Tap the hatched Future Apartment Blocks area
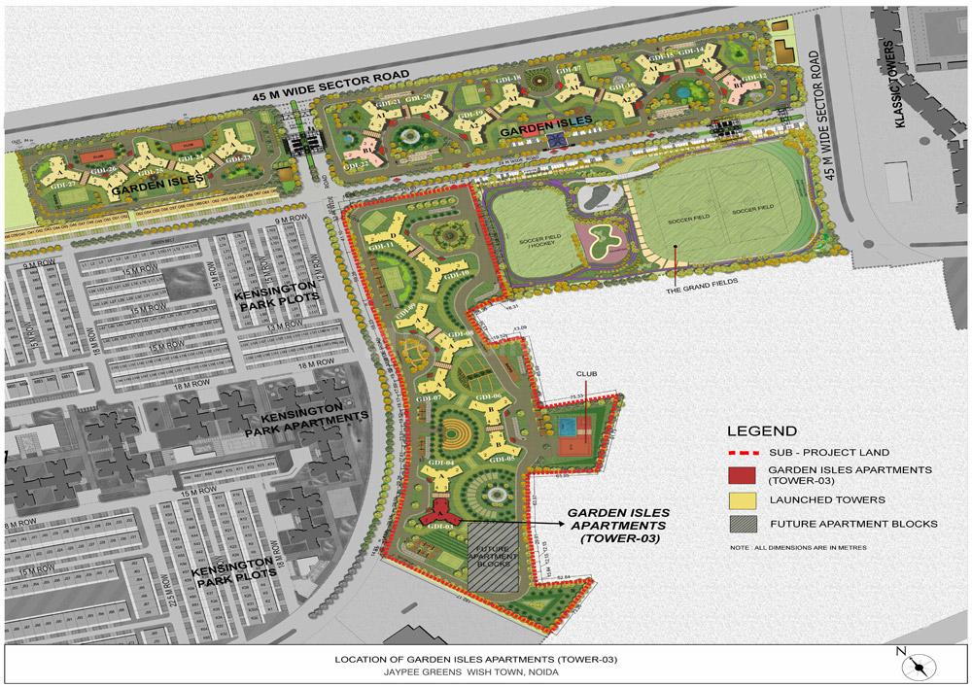coord(497,555)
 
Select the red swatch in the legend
coord(742,474)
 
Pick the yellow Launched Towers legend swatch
coord(742,499)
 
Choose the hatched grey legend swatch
coord(742,524)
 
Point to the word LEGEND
coord(762,431)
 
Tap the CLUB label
coord(585,373)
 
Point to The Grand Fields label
coord(696,283)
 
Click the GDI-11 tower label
coord(380,246)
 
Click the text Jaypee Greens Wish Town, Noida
coord(475,670)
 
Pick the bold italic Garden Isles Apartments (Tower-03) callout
coord(613,525)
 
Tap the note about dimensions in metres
coord(797,547)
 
